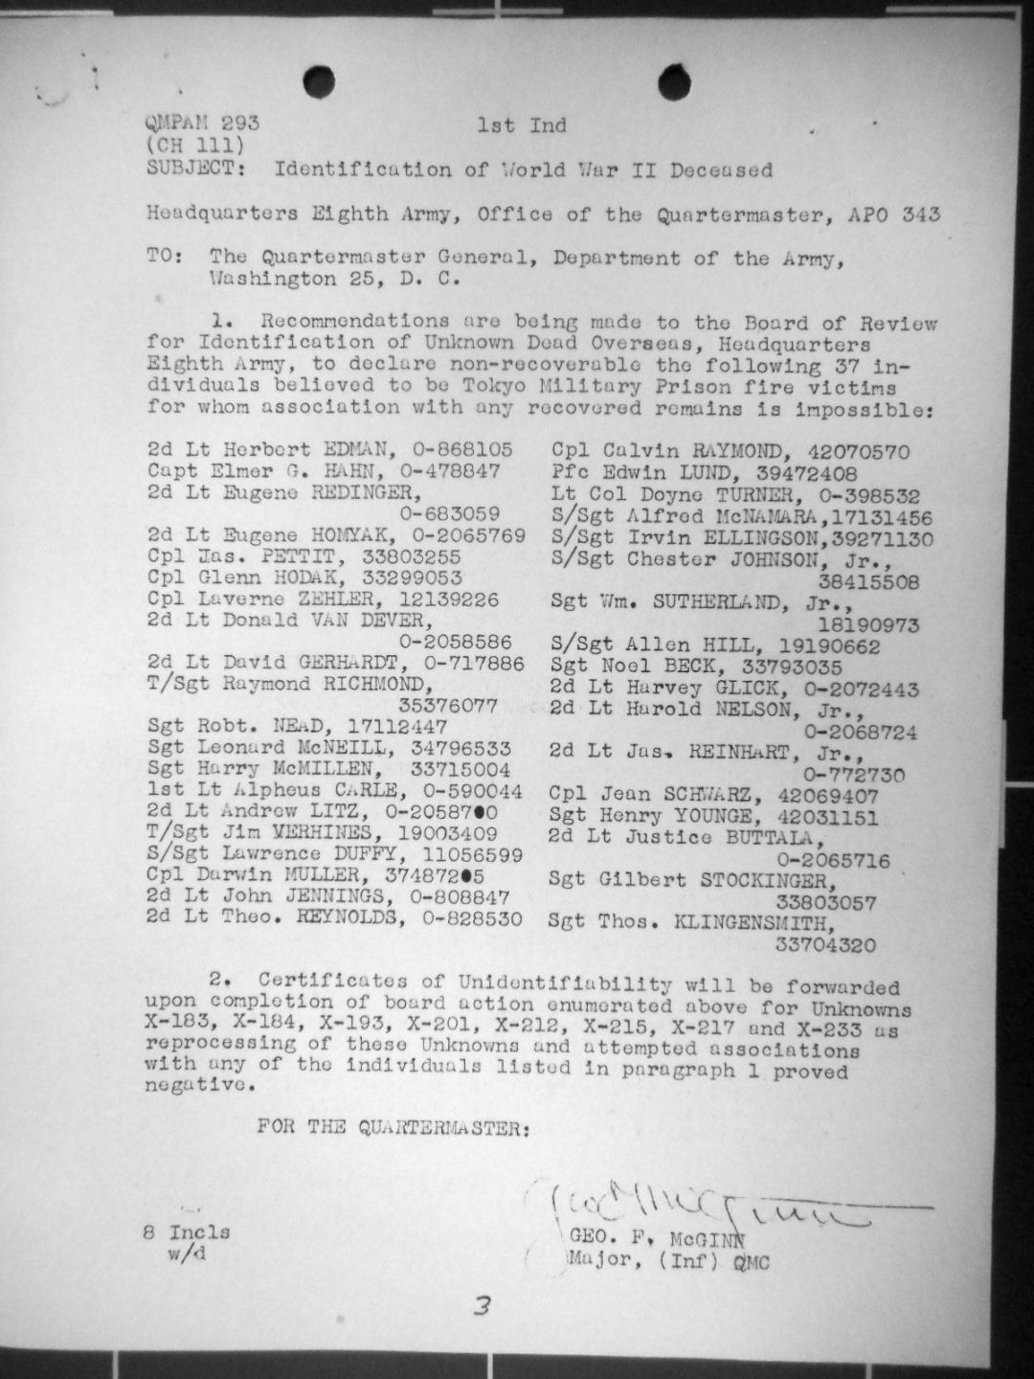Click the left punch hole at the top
point(319,82)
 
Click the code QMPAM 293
point(202,124)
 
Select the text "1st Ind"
point(522,124)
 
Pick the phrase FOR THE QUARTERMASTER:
point(393,1127)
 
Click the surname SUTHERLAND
point(734,603)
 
